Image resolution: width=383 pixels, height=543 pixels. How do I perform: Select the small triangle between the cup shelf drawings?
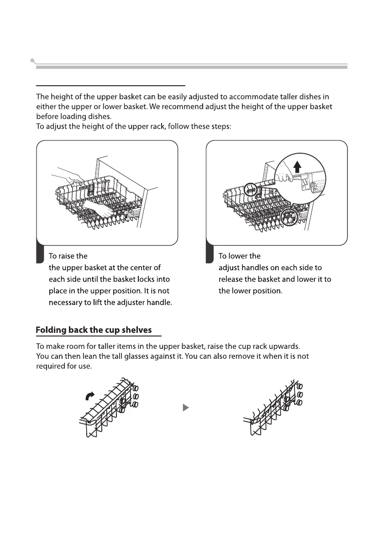(186, 407)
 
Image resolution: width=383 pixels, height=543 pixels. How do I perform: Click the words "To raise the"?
(68, 256)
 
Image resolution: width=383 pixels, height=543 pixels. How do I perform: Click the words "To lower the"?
(240, 256)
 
